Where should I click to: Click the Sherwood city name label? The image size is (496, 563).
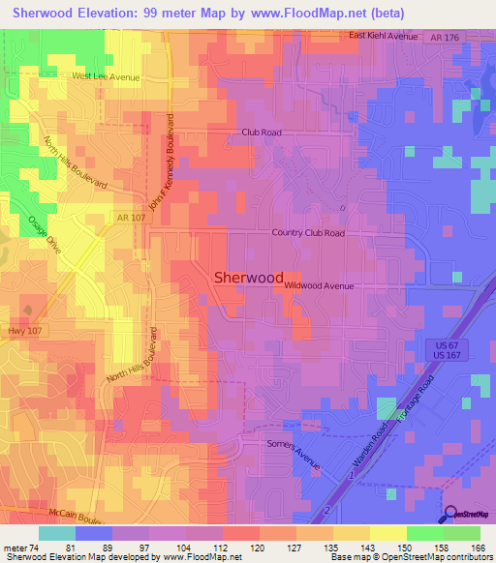248,277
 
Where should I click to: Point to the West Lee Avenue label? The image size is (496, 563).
106,76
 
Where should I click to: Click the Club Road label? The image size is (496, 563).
261,133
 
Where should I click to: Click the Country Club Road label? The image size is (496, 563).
308,233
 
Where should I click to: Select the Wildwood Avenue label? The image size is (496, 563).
319,286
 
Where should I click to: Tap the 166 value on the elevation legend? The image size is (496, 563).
477,547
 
